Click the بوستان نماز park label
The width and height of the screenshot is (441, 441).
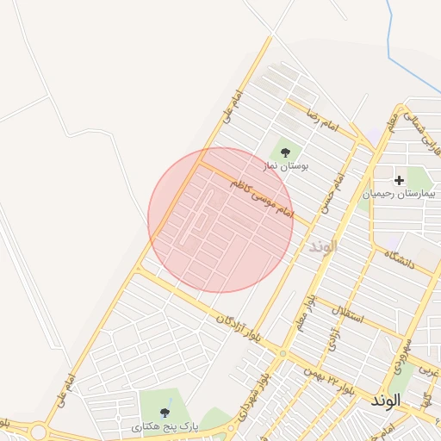pos(287,165)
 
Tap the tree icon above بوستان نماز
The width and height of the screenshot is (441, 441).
pos(286,152)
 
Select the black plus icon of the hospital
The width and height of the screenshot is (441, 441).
pos(399,180)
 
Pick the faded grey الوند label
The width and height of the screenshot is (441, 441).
pos(324,246)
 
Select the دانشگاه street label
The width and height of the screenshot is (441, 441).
pos(399,261)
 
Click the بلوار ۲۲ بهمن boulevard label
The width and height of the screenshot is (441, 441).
pos(328,374)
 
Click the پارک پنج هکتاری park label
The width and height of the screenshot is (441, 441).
pos(165,426)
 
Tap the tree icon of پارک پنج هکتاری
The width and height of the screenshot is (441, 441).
pos(165,413)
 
